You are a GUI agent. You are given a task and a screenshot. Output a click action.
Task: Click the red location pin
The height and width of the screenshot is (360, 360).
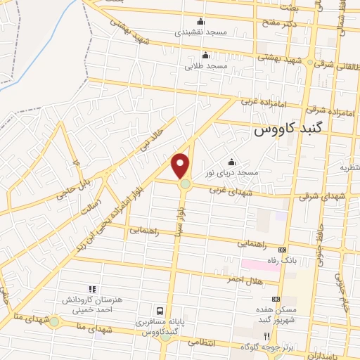tap(181, 166)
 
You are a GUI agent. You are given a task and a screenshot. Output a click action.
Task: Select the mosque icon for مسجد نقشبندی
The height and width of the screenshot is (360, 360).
tap(201, 21)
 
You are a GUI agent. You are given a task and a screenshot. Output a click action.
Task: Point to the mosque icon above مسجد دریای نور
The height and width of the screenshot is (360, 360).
tap(232, 161)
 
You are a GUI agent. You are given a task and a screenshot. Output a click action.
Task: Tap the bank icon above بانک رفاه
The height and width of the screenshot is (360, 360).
tap(283, 250)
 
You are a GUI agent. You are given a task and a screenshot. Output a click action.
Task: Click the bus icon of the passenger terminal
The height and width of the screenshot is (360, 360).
tap(161, 310)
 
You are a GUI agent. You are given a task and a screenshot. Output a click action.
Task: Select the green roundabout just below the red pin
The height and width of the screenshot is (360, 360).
tap(185, 184)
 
